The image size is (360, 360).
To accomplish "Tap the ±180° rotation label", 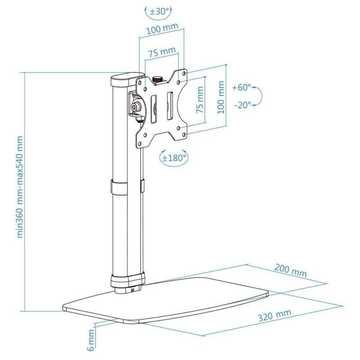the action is pos(174,158).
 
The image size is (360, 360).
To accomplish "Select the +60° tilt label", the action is pos(242,87).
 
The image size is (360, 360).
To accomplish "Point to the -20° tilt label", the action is pos(243,105).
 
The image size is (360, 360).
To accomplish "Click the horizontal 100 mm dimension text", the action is pos(162,28).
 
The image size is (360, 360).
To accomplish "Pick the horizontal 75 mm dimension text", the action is pos(162,52).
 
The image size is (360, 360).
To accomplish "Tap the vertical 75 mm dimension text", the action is pos(200,99).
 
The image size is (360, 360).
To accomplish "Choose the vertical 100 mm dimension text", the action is pos(221,97).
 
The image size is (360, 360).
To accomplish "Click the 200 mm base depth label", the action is pos(290,271).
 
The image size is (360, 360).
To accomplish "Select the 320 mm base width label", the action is pos(274,315).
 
